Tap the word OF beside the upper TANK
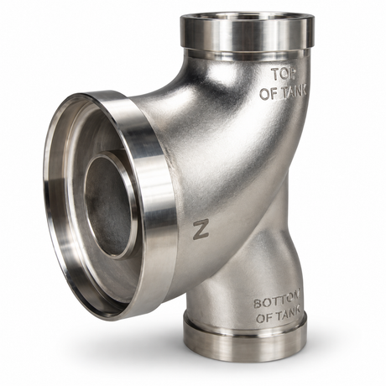[268, 94]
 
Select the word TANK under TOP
[293, 92]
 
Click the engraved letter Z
[201, 230]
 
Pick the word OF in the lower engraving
[264, 317]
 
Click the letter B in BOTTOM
[258, 303]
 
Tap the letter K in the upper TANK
[304, 91]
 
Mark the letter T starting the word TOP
[276, 75]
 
